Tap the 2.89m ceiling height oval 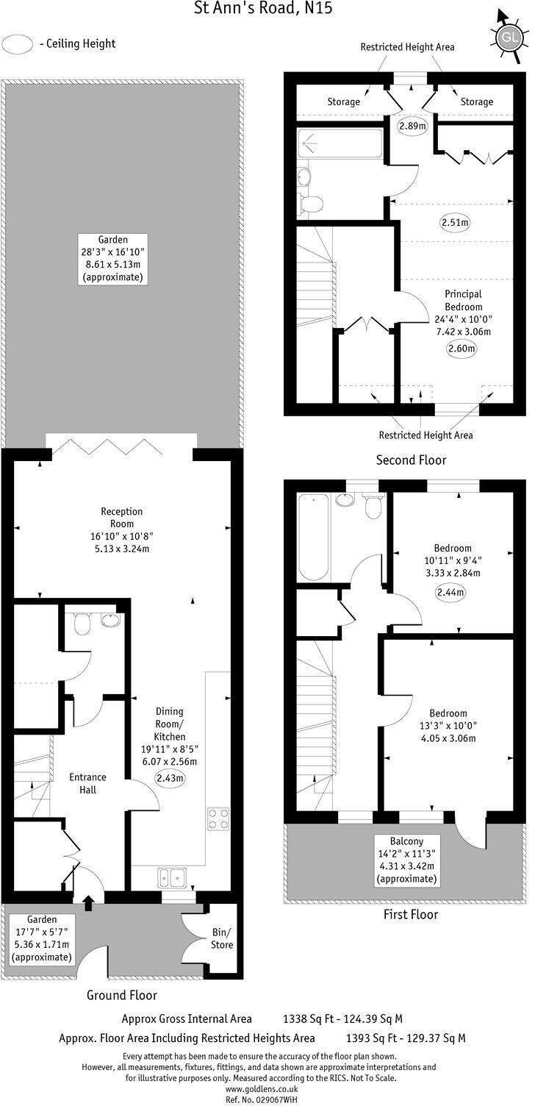(412, 126)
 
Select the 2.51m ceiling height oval (455, 221)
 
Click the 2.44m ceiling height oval (448, 592)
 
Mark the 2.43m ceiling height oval (169, 777)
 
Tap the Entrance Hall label (87, 783)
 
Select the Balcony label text (406, 841)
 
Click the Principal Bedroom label (463, 300)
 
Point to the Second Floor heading (411, 460)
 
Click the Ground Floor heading (122, 995)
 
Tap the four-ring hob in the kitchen (218, 818)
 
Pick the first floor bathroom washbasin (344, 501)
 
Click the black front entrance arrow (90, 902)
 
